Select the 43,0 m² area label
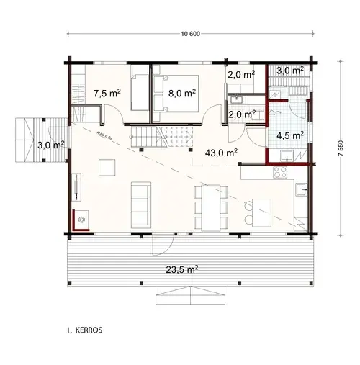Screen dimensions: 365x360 click(222, 153)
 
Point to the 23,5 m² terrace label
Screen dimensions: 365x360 click(181, 270)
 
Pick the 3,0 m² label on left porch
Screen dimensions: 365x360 click(51, 145)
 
